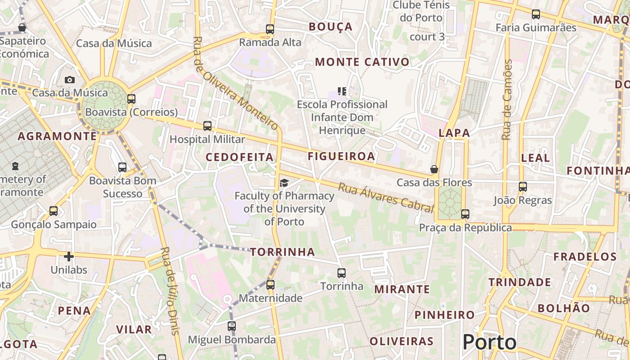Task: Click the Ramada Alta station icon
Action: click(270, 29)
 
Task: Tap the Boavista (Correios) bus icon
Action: click(131, 99)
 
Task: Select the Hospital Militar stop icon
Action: click(207, 126)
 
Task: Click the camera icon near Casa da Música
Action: click(70, 80)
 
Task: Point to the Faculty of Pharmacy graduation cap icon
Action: click(284, 183)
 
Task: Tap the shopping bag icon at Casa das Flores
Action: click(434, 169)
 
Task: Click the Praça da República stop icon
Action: click(465, 214)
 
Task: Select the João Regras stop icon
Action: click(523, 186)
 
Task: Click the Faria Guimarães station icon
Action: click(536, 14)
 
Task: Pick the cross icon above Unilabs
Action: click(69, 256)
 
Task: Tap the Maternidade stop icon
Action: click(270, 284)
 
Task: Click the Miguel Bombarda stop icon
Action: click(232, 326)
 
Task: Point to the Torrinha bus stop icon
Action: click(342, 273)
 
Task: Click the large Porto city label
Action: click(490, 342)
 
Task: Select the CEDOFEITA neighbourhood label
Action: click(239, 157)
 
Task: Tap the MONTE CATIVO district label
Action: click(362, 62)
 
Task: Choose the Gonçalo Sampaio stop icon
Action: click(54, 211)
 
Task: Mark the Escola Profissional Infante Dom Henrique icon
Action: click(342, 91)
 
